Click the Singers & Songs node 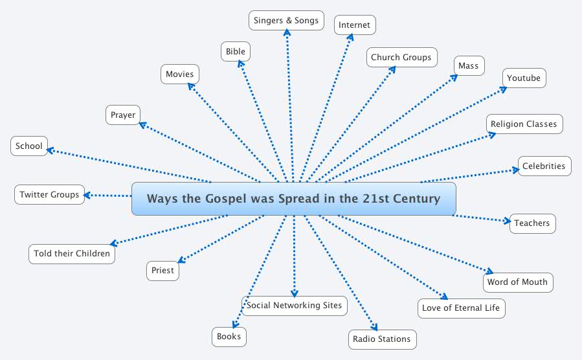pos(286,20)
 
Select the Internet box pos(355,25)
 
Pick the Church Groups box pos(401,57)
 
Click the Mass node pos(468,65)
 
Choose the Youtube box pos(524,78)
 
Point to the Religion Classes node pos(524,124)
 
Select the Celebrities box pos(544,166)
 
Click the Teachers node pos(532,223)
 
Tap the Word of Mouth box pos(517,282)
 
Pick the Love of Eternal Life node pos(461,308)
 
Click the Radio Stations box pos(381,339)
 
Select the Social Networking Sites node pos(295,305)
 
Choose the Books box pos(229,336)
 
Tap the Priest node pos(162,270)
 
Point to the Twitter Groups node pos(49,194)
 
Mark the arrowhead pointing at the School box pos(50,150)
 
